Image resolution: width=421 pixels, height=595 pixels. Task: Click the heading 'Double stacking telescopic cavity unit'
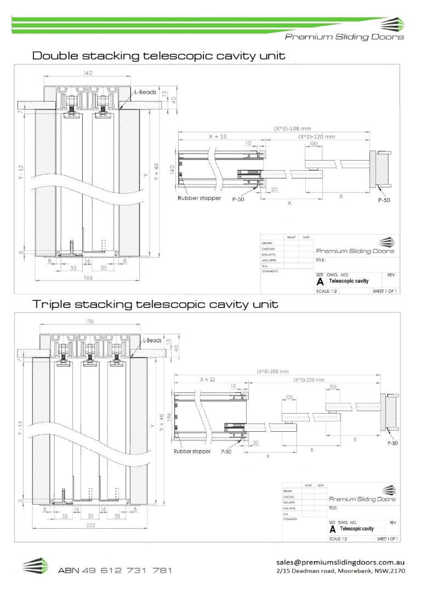[x=159, y=56]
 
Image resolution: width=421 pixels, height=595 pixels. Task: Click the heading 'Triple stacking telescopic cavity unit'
[x=156, y=304]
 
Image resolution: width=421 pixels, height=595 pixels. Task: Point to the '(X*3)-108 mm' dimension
[x=293, y=129]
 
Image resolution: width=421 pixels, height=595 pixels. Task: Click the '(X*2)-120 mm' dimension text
[x=316, y=136]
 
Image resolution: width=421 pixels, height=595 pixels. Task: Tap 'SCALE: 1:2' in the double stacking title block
[x=328, y=291]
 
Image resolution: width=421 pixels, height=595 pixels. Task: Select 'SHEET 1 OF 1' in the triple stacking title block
[x=386, y=539]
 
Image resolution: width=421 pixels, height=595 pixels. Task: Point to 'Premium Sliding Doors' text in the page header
[x=344, y=37]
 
